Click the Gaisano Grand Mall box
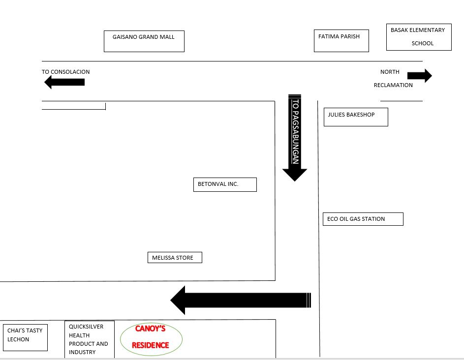(144, 41)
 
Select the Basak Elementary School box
(418, 37)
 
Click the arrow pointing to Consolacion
(64, 82)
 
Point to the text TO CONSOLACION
(66, 72)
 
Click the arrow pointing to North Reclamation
(419, 76)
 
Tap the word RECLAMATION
(393, 85)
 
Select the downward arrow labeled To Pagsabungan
(295, 138)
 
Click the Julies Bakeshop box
(355, 117)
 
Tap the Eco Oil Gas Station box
(363, 219)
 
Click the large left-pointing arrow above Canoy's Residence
(241, 300)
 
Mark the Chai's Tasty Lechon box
(25, 337)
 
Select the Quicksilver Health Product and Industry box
(89, 339)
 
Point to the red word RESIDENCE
(150, 345)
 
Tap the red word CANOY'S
(150, 329)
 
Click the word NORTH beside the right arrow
(390, 72)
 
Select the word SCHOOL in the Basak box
(423, 43)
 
